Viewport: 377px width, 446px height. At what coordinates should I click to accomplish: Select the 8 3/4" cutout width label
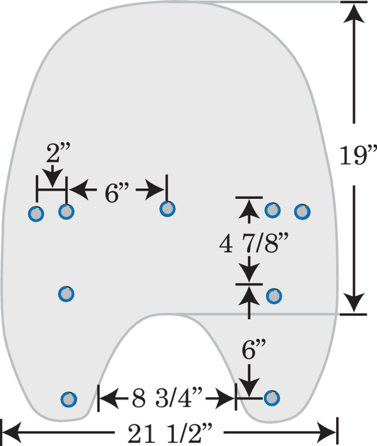[167, 398]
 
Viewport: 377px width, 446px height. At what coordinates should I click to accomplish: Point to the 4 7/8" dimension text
[254, 243]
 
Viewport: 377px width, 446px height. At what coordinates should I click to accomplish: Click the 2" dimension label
[58, 152]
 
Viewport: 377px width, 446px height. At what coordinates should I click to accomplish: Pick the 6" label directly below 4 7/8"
[254, 349]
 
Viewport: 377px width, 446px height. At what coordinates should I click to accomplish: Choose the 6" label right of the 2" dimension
[117, 193]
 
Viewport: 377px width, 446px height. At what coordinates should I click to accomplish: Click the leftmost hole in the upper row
[36, 213]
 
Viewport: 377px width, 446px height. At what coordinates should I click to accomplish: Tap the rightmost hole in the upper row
[302, 211]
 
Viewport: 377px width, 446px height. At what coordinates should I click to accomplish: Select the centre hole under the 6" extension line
[167, 209]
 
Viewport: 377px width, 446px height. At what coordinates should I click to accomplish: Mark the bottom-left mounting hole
[68, 400]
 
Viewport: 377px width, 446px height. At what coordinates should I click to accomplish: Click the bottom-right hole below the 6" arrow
[272, 398]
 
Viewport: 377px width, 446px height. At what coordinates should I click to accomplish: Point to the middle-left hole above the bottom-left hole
[67, 294]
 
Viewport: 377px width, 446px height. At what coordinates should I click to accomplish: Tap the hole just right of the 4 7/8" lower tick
[274, 296]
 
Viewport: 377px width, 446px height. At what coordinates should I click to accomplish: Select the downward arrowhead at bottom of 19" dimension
[354, 302]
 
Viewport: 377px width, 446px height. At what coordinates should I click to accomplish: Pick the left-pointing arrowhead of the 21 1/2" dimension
[12, 433]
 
